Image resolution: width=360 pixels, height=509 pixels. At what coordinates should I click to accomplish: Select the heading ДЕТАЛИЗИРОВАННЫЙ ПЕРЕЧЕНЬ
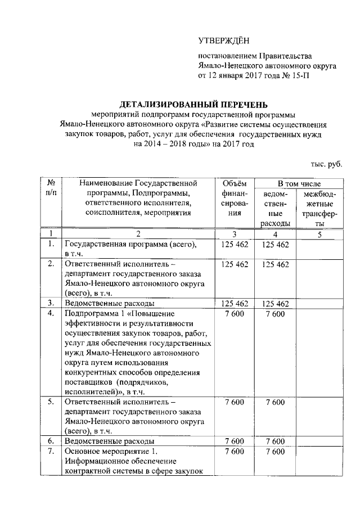coord(193,104)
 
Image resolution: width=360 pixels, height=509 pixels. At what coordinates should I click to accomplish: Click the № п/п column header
coord(51,187)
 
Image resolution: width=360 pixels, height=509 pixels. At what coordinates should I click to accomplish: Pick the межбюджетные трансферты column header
coord(319,209)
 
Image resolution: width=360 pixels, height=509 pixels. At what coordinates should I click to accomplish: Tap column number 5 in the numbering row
coord(319,234)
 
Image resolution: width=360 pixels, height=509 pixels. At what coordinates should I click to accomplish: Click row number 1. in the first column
coord(51,244)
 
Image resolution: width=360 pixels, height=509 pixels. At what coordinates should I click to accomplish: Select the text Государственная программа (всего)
coord(130,244)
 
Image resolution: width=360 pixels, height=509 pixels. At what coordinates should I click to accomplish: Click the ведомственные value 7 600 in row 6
coord(276,441)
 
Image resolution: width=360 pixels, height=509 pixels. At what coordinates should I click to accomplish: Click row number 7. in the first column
coord(51,451)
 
